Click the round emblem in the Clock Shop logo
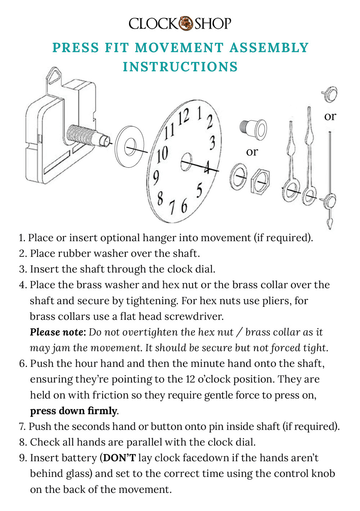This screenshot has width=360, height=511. [x=186, y=23]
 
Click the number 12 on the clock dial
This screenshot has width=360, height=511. [x=183, y=117]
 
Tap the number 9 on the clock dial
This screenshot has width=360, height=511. [x=156, y=177]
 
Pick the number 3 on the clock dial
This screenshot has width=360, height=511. [x=212, y=143]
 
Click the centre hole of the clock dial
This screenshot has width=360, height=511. [x=186, y=161]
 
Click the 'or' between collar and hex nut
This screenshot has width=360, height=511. [x=252, y=152]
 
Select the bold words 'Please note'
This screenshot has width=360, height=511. [x=58, y=332]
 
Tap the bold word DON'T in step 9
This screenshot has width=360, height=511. [x=120, y=458]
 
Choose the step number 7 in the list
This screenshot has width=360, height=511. [x=22, y=426]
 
